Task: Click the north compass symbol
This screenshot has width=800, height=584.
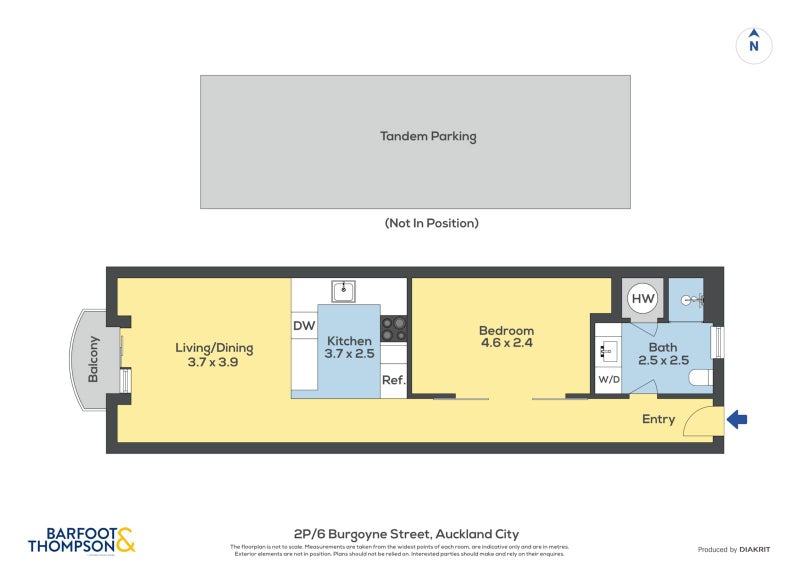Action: pos(754,45)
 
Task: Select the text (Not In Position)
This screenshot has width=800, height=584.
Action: pos(431,223)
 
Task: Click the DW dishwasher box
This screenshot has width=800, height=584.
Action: pos(304,326)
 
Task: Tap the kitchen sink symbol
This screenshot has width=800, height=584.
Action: pos(345,290)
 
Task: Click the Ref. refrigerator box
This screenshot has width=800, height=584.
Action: pos(393,380)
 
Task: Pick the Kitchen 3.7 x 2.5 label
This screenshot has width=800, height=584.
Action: pos(348,347)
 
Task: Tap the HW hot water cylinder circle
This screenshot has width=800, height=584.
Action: pos(643,299)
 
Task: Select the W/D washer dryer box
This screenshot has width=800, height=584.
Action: pos(607,380)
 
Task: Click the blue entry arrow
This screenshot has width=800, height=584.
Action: pos(736,420)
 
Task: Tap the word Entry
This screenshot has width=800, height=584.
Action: pos(658,419)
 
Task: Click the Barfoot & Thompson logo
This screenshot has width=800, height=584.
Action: pos(81,541)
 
